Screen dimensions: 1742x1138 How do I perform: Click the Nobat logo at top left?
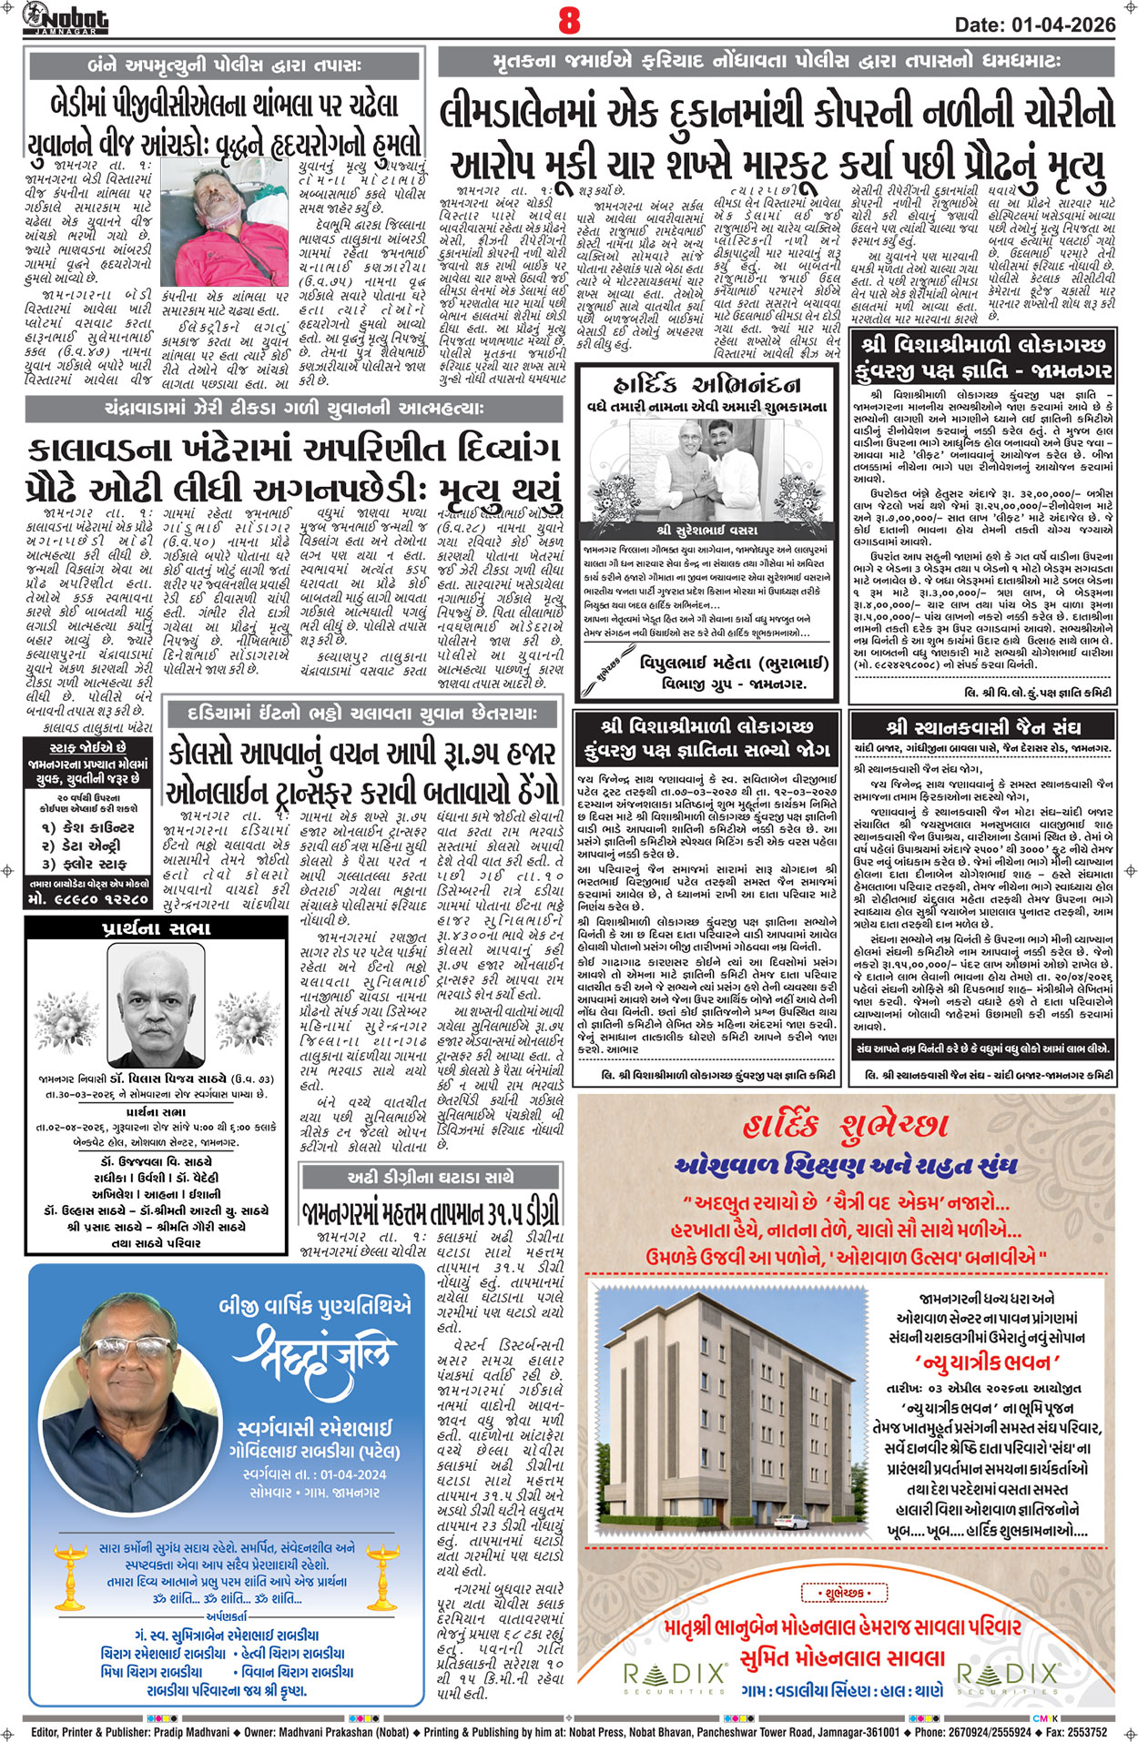click(66, 18)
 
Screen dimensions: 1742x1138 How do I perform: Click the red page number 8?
click(569, 19)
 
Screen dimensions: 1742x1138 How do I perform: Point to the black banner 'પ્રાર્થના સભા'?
click(156, 928)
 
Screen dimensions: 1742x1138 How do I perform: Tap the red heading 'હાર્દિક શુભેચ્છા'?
click(846, 1127)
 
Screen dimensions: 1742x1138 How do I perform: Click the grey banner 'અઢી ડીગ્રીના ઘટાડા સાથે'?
click(430, 1177)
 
